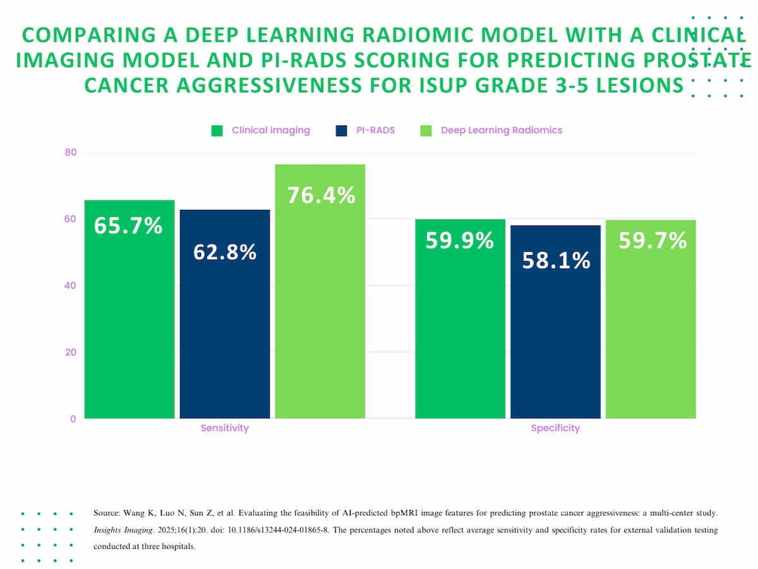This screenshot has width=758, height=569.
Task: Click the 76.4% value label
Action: coord(321,195)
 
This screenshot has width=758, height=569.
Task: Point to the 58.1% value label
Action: coord(556,260)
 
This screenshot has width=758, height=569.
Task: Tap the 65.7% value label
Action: coord(128,226)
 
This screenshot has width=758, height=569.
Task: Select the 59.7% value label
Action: coord(652,241)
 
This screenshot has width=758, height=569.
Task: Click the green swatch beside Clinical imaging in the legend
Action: coord(217,131)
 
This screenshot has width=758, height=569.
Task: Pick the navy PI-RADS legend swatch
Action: coord(341,131)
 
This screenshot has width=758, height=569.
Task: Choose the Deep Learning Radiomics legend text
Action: coord(502,130)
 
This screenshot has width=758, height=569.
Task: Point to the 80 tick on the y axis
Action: coord(69,152)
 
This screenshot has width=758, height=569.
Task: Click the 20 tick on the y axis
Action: coord(69,352)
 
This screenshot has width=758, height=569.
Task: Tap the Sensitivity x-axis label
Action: coord(225,428)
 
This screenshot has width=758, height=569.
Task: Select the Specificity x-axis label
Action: coord(555,428)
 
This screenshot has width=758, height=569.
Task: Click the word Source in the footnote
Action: coord(106,513)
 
